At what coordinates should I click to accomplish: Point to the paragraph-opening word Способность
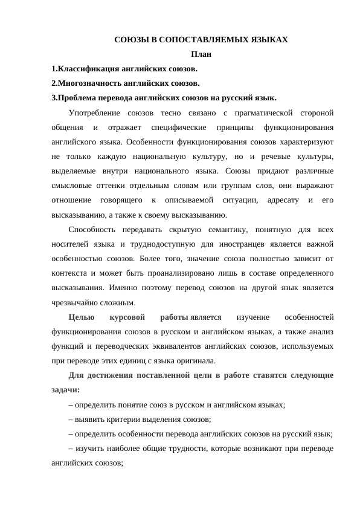94,230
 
